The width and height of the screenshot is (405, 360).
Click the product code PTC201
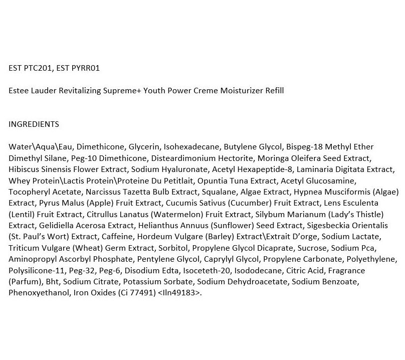(39, 68)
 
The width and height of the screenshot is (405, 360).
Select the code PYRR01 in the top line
(84, 68)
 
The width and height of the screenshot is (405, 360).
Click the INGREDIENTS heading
(34, 124)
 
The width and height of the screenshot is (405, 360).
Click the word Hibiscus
(25, 169)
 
